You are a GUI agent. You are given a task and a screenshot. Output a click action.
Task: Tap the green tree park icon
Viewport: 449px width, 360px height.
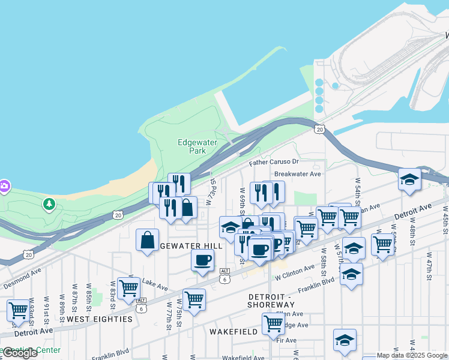(x=49, y=205)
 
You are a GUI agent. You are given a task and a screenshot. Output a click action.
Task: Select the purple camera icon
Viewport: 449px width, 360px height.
(x=4, y=185)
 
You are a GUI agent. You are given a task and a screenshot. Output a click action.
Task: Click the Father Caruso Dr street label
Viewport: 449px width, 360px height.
(x=274, y=162)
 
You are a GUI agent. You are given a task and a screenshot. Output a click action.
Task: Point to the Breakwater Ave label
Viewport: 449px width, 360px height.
(x=298, y=174)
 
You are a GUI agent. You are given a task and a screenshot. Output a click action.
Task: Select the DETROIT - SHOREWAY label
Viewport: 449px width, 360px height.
(x=273, y=301)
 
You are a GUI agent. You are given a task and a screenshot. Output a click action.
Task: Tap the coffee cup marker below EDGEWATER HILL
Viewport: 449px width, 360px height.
(x=202, y=260)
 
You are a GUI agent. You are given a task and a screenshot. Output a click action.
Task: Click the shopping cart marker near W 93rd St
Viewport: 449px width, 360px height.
(x=19, y=310)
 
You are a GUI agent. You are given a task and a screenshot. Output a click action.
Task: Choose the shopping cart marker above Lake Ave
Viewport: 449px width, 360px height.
(x=128, y=288)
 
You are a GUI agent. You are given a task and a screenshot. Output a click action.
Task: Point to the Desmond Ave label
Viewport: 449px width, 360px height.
(x=22, y=283)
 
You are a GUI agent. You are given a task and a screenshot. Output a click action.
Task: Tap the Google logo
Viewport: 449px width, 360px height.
(x=20, y=353)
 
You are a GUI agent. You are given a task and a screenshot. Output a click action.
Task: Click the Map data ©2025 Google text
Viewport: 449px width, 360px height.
(x=412, y=356)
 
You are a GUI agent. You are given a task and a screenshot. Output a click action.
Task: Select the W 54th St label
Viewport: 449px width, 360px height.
(x=358, y=188)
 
